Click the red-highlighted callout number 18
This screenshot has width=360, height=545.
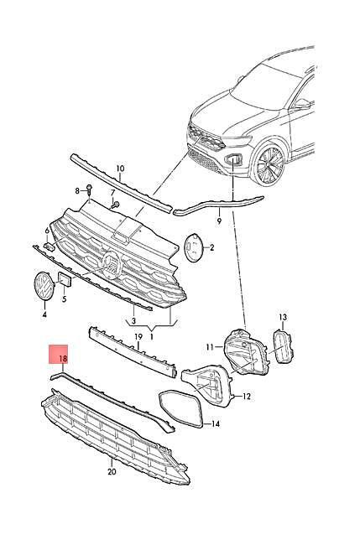(63, 359)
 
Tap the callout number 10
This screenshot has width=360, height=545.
(120, 169)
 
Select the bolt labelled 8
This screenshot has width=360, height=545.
(89, 189)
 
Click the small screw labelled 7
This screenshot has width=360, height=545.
(116, 205)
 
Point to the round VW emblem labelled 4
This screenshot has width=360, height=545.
(44, 286)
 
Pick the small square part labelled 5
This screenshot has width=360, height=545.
(65, 279)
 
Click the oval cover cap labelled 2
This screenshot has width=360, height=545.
(193, 247)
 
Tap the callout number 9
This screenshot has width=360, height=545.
(219, 221)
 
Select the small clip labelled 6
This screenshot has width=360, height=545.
(49, 247)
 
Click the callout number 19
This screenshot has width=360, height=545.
(138, 336)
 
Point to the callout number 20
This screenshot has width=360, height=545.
(112, 472)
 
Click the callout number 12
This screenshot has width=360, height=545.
(247, 396)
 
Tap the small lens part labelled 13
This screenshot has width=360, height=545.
(283, 346)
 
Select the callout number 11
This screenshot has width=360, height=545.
(210, 347)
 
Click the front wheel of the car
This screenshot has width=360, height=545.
(269, 163)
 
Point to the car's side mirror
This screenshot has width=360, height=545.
(301, 104)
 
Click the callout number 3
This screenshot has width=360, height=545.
(133, 320)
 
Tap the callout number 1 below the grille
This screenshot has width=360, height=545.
(151, 336)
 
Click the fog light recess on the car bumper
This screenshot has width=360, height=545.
(233, 159)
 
